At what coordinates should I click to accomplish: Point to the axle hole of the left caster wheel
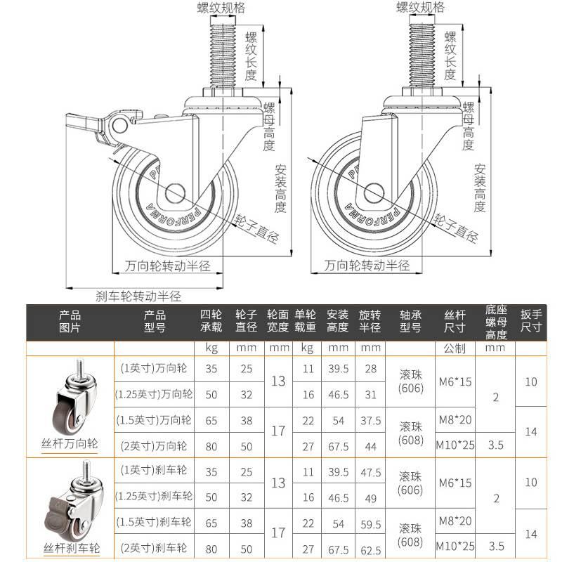175,192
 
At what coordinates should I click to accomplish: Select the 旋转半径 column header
370,321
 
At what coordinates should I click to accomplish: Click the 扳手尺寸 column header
531,321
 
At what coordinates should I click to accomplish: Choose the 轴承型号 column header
410,321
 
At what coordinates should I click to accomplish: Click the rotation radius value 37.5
370,421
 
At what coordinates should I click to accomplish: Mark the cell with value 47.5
370,470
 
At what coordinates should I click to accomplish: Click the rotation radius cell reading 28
370,368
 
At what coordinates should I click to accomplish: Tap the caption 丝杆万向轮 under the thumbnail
70,444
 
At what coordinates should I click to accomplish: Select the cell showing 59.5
370,524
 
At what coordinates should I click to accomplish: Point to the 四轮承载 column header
211,321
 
